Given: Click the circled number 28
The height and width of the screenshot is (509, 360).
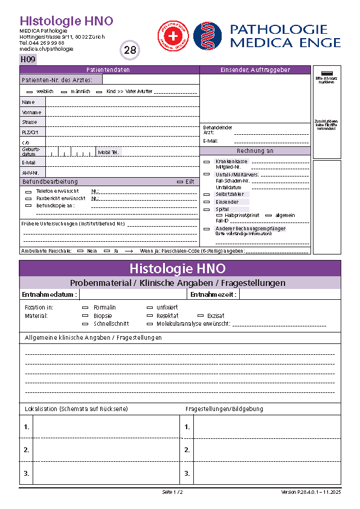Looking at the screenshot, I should coord(130,50).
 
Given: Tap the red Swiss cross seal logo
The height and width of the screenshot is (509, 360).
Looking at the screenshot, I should coord(173,36).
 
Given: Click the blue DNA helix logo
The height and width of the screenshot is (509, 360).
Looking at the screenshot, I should coord(207,36).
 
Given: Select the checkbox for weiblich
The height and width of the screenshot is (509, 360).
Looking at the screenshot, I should coord(29,91).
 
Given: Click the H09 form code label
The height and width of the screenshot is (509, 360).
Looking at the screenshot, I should coord(28,59).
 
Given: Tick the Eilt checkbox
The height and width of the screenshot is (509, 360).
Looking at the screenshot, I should coord(179,181).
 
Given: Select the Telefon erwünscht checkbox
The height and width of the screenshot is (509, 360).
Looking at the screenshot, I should coord(28,191).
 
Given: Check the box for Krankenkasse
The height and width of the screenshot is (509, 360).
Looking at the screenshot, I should coord(207,162).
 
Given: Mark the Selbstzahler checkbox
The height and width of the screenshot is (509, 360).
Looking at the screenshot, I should coord(207,194).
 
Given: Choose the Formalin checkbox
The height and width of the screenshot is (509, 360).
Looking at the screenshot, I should coord(85,308).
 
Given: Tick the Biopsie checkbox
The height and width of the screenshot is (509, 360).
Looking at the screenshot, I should coord(85,316).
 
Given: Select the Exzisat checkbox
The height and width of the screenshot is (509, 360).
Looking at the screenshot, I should coord(201,316).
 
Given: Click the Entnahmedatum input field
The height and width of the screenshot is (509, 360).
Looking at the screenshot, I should coord(133,294).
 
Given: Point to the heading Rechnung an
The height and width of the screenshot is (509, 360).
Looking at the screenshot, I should coord(255,151).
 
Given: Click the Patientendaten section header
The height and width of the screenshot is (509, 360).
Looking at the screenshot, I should coord(109,70).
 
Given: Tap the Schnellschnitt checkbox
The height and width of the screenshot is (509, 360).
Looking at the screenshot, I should coord(85,323).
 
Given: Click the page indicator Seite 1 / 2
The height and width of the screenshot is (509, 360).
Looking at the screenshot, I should coord(172,492).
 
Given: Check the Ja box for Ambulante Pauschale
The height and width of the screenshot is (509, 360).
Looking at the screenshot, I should coord(106,250).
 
